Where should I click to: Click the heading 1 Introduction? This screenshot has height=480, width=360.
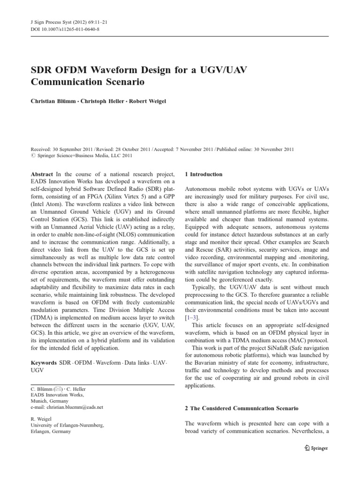(x=203, y=174)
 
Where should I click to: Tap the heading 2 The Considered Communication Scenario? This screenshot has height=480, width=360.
(x=241, y=409)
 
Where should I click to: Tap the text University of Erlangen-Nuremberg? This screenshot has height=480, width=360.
(x=67, y=425)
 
